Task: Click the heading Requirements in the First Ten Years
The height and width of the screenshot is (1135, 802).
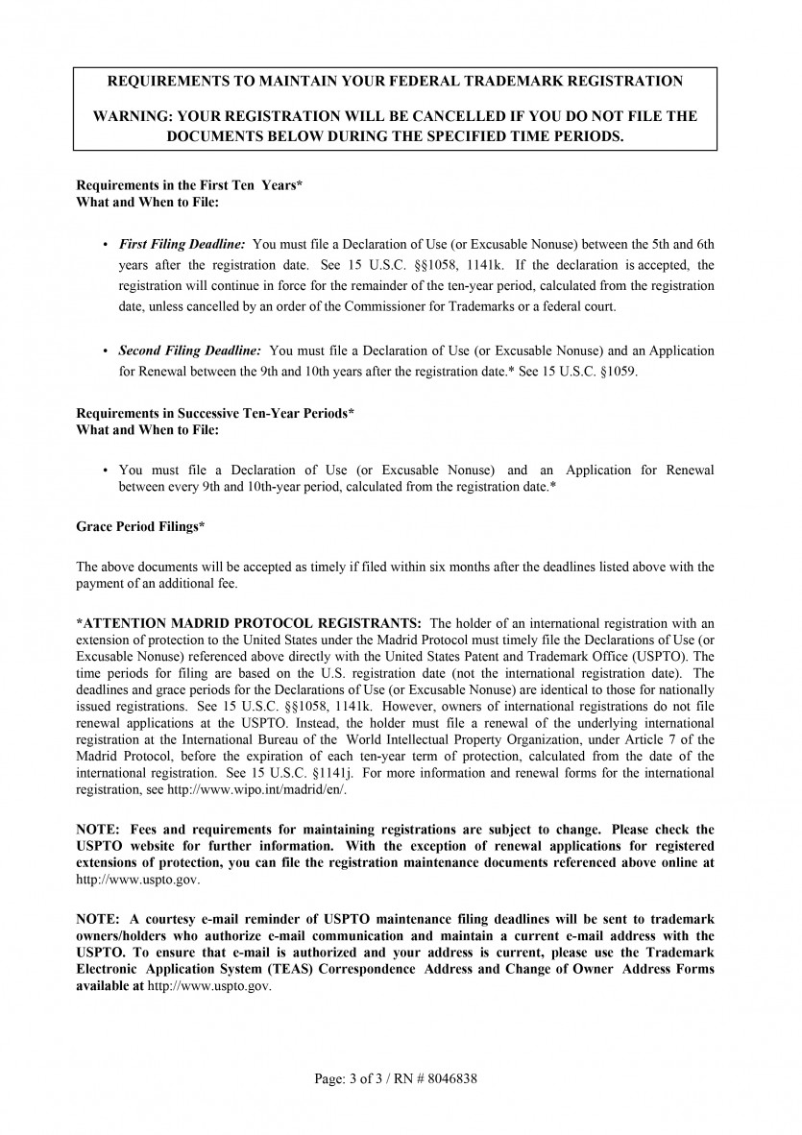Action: click(x=189, y=185)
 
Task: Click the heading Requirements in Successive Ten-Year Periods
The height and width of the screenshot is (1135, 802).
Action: click(x=215, y=413)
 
